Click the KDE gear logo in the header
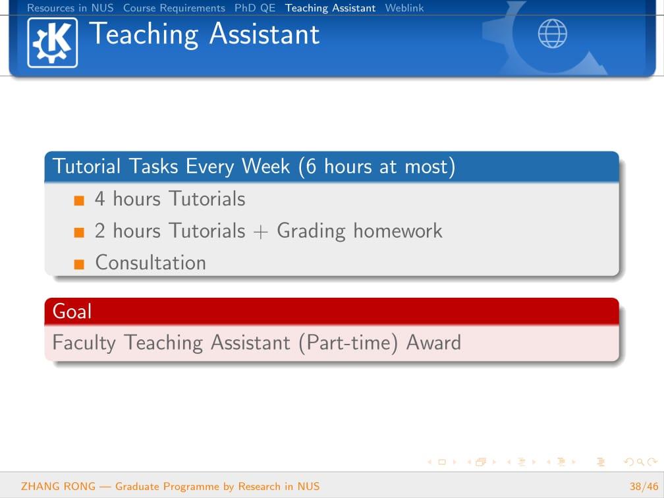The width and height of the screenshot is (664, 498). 53,43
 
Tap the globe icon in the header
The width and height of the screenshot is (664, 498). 552,34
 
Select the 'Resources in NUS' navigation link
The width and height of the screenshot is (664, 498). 70,8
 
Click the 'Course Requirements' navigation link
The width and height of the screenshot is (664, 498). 174,8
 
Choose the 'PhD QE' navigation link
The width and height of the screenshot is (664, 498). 255,8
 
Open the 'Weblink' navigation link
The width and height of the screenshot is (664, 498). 404,8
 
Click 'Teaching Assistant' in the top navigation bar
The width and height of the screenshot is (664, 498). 330,8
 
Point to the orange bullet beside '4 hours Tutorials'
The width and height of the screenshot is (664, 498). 79,200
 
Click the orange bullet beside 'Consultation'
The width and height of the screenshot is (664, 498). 79,264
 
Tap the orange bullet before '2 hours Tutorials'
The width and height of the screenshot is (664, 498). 79,233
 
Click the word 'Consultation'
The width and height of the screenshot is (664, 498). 151,263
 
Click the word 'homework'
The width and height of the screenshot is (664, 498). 398,231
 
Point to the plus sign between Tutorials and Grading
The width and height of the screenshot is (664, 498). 261,232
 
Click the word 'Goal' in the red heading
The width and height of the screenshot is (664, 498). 72,311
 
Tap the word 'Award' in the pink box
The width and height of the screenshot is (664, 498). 433,343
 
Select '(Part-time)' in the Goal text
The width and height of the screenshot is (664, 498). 348,343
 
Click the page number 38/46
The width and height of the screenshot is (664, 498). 644,487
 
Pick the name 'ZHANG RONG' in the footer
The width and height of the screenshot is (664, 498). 59,487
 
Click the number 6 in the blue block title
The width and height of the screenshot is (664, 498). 311,167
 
